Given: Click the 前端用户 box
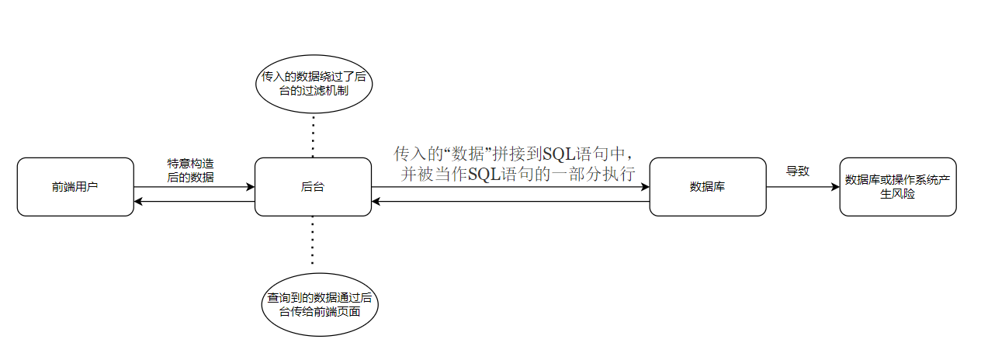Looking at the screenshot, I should [75, 187].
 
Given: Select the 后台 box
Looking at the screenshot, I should [313, 187].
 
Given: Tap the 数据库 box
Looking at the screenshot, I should [707, 187].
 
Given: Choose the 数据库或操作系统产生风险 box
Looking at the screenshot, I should [897, 187].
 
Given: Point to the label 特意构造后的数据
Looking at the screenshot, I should [191, 170].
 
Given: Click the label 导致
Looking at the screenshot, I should [798, 171].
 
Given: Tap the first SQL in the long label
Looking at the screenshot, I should [558, 154].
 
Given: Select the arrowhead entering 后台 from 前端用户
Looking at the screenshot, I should [251, 187].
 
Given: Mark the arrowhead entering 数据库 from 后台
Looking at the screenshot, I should [645, 187].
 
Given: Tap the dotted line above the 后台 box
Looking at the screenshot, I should [313, 136].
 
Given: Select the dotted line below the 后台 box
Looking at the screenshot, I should [313, 242].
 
